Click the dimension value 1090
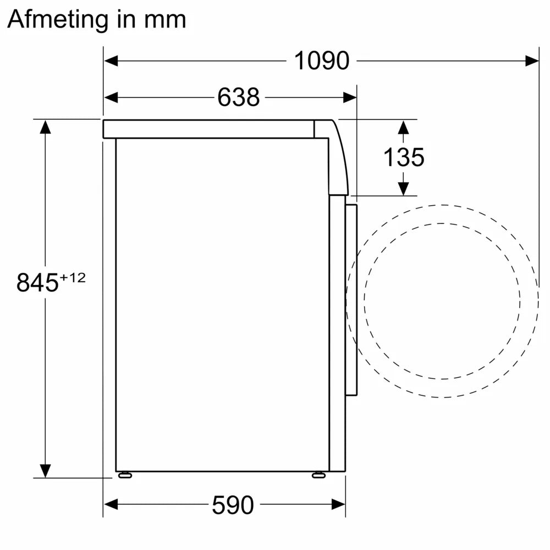pyautogui.click(x=322, y=61)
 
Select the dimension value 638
pyautogui.click(x=238, y=98)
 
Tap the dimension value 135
pyautogui.click(x=404, y=158)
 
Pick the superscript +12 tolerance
pyautogui.click(x=73, y=278)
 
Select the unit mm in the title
pyautogui.click(x=167, y=20)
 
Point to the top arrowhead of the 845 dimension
pyautogui.click(x=45, y=127)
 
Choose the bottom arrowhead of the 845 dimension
pyautogui.click(x=45, y=470)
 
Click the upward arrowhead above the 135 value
pyautogui.click(x=404, y=128)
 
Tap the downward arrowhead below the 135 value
pyautogui.click(x=404, y=188)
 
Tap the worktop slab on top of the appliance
pyautogui.click(x=209, y=129)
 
